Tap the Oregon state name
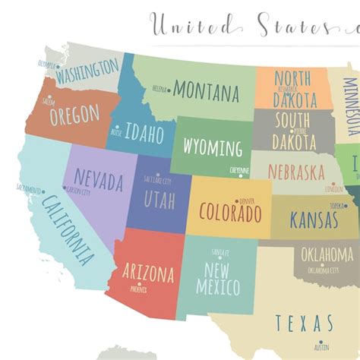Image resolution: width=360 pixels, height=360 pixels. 74,115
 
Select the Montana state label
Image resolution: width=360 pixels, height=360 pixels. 206,91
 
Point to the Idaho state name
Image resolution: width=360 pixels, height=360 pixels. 144,134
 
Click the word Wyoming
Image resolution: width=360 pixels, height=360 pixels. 213,147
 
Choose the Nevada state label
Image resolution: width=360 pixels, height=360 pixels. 98,182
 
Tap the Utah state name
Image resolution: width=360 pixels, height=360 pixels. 158,200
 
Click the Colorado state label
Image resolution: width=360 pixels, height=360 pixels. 229,210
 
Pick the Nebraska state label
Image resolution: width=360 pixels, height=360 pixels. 297,172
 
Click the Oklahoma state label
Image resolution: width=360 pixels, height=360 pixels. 327,254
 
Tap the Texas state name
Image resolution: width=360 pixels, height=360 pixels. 304,323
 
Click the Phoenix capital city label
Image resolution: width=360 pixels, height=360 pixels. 138,289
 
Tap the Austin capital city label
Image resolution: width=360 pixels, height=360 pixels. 321,348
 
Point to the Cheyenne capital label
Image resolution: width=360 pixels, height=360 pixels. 238,171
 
